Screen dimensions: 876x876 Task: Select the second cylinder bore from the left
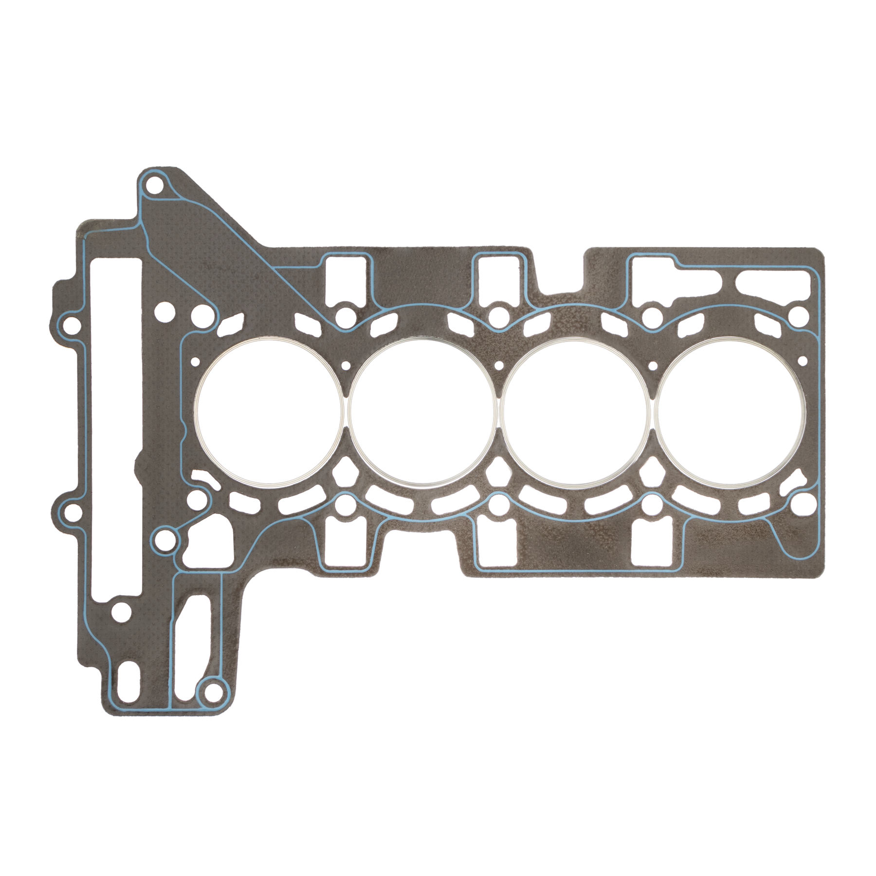(x=421, y=412)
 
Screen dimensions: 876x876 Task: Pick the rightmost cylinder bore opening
(x=728, y=412)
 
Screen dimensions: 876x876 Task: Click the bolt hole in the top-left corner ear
(x=155, y=185)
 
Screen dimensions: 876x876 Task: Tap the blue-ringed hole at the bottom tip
(x=212, y=691)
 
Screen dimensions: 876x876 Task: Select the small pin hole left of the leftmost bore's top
(x=196, y=362)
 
